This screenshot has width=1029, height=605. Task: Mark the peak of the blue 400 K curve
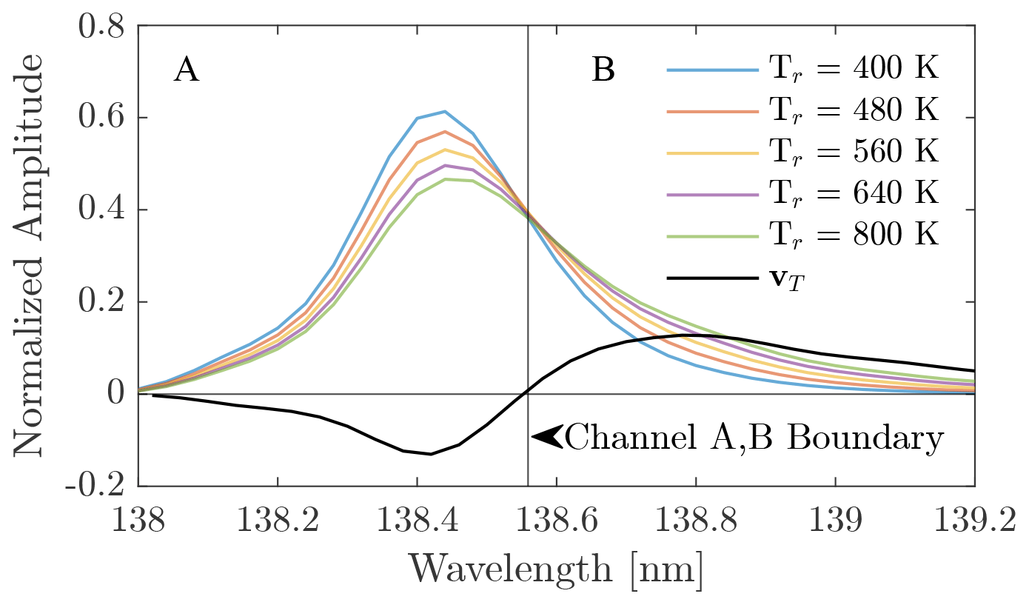point(444,112)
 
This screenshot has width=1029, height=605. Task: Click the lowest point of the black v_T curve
point(430,454)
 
